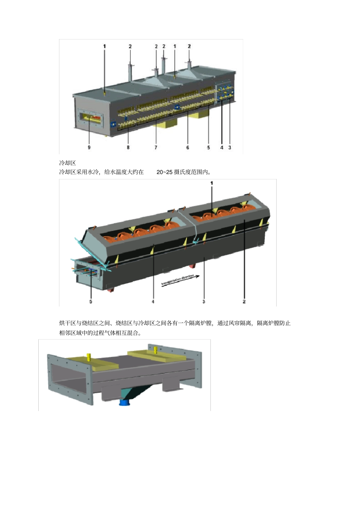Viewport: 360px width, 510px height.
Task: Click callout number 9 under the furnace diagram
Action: click(x=89, y=148)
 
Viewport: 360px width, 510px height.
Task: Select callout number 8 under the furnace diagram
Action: click(x=128, y=148)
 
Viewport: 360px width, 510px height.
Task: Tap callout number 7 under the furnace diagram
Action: click(x=156, y=148)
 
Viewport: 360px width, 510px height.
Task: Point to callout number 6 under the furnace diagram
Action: click(x=188, y=148)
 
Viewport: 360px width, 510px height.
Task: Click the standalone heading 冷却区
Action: click(x=67, y=163)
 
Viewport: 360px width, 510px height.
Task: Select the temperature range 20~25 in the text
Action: click(x=164, y=172)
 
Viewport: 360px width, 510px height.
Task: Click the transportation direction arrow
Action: click(x=180, y=280)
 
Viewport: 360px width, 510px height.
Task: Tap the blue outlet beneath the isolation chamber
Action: click(x=125, y=402)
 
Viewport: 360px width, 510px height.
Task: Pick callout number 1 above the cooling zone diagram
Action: click(x=212, y=183)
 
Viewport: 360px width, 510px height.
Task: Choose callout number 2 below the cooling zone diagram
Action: click(x=244, y=302)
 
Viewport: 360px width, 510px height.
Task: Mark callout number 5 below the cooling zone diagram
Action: click(x=91, y=302)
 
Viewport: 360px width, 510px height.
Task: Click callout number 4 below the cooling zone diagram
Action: click(x=153, y=302)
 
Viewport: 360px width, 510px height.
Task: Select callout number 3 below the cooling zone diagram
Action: click(x=203, y=302)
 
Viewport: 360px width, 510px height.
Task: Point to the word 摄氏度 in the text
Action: click(x=182, y=172)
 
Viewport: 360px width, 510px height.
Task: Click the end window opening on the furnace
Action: click(x=91, y=119)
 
